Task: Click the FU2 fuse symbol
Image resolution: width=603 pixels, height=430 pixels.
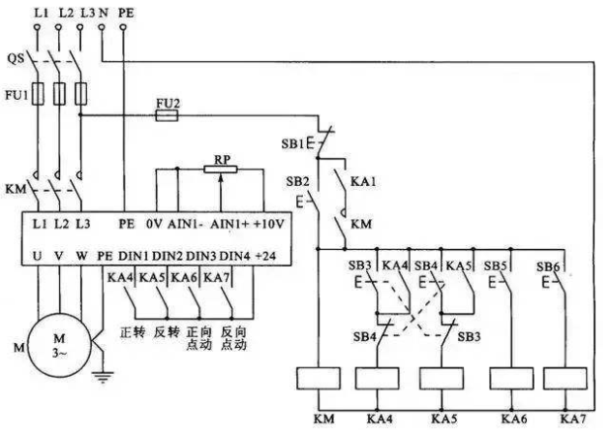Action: pos(167,116)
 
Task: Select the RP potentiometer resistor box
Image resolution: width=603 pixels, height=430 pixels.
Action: pos(220,169)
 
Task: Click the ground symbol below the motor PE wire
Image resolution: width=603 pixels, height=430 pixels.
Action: pos(103,377)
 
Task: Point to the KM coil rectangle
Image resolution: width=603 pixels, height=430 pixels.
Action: pos(319,378)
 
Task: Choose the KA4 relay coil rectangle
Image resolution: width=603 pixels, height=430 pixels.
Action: pos(377,379)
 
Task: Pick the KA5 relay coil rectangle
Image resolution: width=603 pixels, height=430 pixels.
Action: pos(441,379)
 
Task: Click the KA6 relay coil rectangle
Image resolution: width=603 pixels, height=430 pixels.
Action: pos(511,379)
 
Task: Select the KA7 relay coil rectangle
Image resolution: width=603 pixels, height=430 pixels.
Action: pos(565,379)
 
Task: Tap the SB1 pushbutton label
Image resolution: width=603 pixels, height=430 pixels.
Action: pos(293,144)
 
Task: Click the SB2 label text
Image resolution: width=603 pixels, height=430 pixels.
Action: pos(298,181)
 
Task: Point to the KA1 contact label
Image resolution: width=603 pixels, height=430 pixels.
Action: pos(363,181)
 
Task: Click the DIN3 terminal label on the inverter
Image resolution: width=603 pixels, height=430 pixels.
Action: pos(200,256)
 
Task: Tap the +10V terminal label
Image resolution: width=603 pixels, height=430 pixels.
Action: pos(268,223)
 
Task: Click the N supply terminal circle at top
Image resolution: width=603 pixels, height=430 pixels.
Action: pos(102,27)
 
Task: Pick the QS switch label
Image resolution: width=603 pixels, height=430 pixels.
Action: pos(16,58)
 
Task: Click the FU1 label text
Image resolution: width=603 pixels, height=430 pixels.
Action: pos(17,94)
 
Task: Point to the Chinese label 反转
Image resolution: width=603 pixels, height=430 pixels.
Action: pos(166,332)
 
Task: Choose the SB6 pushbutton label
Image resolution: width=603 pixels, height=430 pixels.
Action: pos(548,266)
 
